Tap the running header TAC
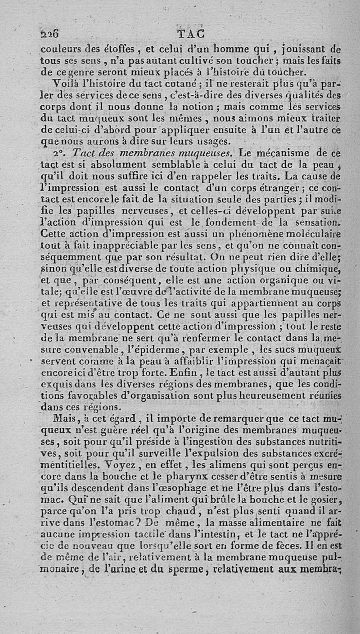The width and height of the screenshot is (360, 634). pos(191,34)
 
